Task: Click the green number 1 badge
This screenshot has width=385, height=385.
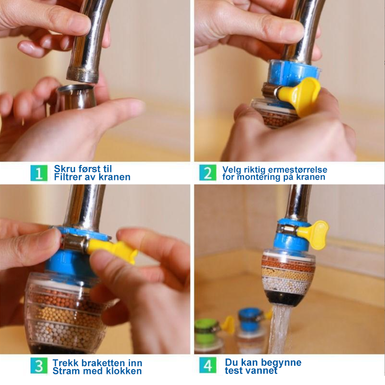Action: [39, 173]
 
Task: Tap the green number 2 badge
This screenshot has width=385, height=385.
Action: [208, 173]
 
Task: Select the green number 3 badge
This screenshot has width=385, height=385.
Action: [39, 366]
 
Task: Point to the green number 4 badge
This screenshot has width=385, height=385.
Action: [208, 365]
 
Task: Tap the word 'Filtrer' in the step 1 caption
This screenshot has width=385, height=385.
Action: [68, 177]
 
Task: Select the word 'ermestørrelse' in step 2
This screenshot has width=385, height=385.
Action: [297, 169]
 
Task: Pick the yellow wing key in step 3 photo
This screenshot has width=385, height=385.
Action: [112, 250]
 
